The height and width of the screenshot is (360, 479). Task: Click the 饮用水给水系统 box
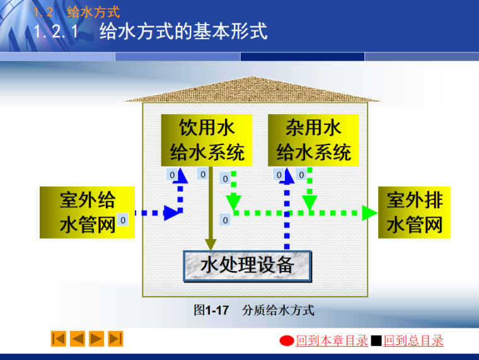pyautogui.click(x=207, y=140)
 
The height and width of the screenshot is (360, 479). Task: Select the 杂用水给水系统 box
pyautogui.click(x=313, y=140)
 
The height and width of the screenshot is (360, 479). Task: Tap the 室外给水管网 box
pyautogui.click(x=87, y=212)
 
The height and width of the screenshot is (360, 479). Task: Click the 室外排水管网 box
pyautogui.click(x=414, y=212)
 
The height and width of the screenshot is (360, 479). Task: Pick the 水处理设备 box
pyautogui.click(x=247, y=265)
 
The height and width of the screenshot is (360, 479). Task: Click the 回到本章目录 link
pyautogui.click(x=332, y=341)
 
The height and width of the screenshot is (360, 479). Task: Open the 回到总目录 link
pyautogui.click(x=413, y=341)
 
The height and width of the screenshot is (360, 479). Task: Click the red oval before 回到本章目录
pyautogui.click(x=287, y=341)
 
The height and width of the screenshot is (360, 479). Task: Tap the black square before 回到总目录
pyautogui.click(x=376, y=341)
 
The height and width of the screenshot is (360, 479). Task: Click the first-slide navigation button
pyautogui.click(x=59, y=339)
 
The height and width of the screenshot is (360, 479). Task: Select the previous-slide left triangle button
pyautogui.click(x=78, y=339)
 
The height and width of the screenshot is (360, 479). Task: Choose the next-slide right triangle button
pyautogui.click(x=96, y=339)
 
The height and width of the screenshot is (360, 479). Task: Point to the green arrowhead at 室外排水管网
pyautogui.click(x=369, y=213)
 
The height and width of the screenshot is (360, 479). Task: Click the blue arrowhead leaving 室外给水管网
pyautogui.click(x=171, y=213)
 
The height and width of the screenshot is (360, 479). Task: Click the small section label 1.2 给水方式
pyautogui.click(x=76, y=11)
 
